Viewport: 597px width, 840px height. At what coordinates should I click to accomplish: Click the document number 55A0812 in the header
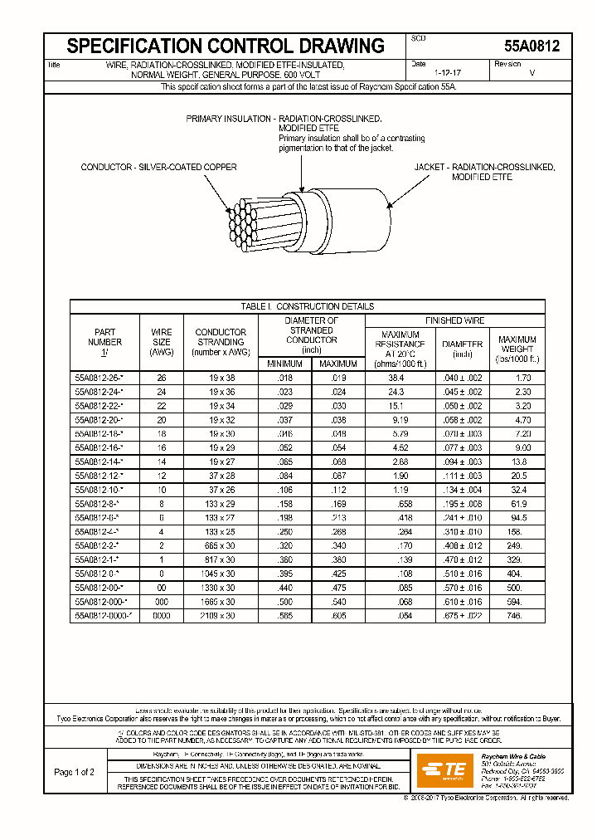tap(531, 47)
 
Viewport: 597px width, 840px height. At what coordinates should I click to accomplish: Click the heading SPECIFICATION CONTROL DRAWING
tap(226, 46)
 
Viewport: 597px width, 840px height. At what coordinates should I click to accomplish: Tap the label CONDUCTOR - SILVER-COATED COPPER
tap(158, 167)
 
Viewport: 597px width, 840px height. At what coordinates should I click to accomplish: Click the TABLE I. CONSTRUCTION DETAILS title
tap(307, 306)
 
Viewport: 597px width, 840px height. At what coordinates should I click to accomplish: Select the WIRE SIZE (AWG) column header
tap(161, 342)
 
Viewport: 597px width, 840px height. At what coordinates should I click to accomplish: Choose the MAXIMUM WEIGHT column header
tap(517, 349)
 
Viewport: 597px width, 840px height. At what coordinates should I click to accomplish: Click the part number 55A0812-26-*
tap(99, 377)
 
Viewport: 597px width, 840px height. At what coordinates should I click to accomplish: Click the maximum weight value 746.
tap(517, 616)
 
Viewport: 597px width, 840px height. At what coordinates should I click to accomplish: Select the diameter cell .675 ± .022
tap(462, 616)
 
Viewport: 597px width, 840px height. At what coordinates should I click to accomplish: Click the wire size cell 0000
tap(161, 616)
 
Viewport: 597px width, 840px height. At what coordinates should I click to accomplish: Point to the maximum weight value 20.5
tap(517, 476)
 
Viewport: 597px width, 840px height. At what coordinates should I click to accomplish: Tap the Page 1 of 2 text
tap(74, 772)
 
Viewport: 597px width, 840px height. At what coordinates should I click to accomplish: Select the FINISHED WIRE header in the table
tap(454, 320)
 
